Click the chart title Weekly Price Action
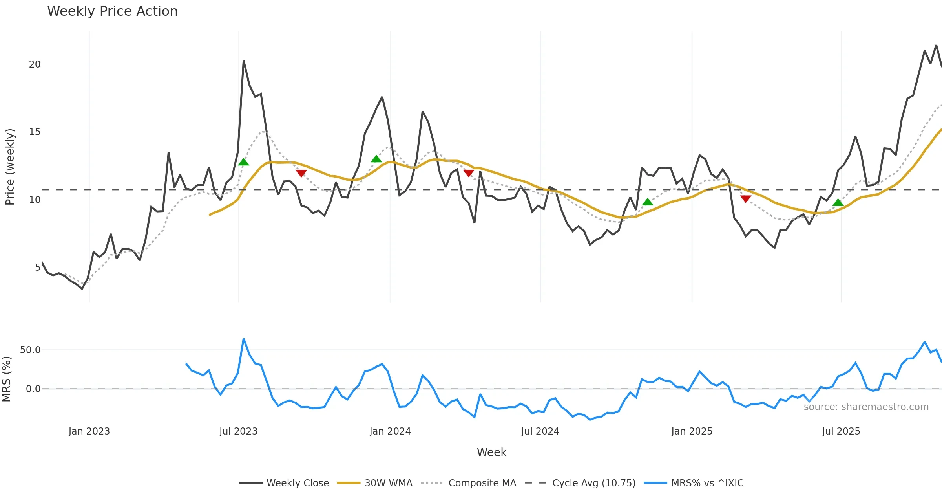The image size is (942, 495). point(112,11)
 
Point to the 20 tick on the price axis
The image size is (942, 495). point(35,64)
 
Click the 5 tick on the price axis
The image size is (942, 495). point(38,268)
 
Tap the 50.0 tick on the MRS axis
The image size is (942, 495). point(30,350)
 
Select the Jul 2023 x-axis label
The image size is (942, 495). point(238,431)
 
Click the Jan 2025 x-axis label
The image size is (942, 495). point(692,431)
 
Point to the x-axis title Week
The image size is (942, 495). point(491,452)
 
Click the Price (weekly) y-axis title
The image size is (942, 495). point(10,167)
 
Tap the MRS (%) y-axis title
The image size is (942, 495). point(6,379)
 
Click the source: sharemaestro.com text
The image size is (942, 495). point(866,407)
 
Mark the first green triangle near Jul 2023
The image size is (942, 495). point(243,162)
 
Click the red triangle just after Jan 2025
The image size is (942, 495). point(745,199)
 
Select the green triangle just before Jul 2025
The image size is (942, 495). point(838,202)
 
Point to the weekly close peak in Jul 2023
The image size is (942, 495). point(243,61)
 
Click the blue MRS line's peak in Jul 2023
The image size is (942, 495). point(243,339)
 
